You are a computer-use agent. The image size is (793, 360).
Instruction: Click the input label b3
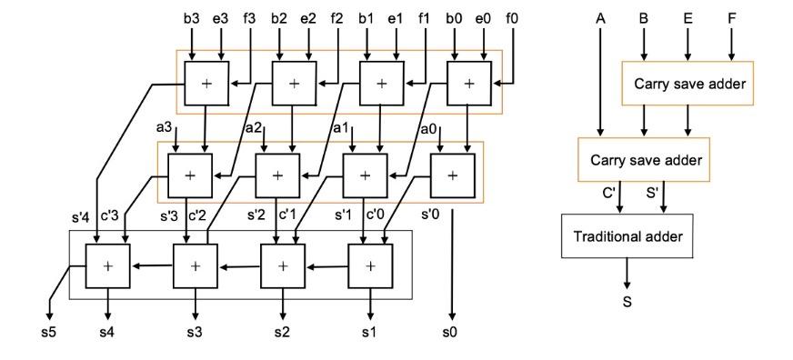tap(191, 16)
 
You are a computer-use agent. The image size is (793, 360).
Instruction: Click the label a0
tap(427, 129)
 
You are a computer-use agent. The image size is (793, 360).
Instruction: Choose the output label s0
tap(450, 332)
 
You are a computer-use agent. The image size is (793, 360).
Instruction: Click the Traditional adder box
tap(627, 236)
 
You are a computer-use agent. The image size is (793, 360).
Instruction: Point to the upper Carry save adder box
tap(687, 85)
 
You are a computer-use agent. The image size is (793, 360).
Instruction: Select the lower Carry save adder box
tap(644, 160)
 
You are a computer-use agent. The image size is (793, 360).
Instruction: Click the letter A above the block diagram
tap(600, 16)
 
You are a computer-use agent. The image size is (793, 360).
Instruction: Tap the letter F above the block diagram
tap(730, 16)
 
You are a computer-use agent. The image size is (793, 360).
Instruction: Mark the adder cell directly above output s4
tap(107, 266)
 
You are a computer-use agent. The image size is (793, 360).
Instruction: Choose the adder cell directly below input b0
tap(469, 84)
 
